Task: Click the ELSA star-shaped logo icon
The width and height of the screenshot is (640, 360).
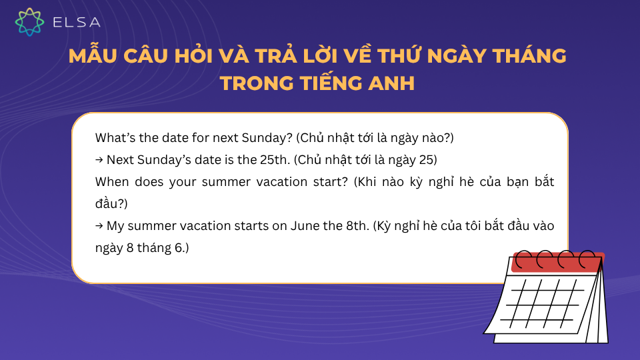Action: tap(29, 22)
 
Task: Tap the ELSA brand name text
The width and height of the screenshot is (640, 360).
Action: tap(77, 23)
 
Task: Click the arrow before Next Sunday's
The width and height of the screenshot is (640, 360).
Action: tap(99, 160)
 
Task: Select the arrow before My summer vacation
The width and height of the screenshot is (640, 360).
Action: tap(99, 225)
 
